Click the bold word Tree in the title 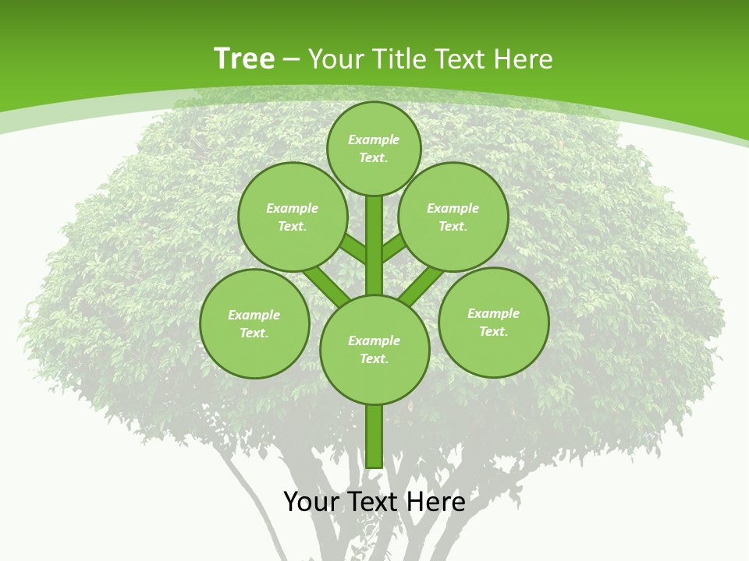[244, 58]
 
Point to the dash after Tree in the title [292, 59]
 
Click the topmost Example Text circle [374, 148]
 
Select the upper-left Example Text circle [293, 217]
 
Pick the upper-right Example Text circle [453, 217]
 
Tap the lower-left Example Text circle [254, 323]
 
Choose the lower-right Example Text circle [493, 322]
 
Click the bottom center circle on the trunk [374, 349]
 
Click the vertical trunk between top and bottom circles [374, 245]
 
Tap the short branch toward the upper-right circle [394, 248]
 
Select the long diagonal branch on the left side [325, 284]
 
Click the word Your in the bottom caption [312, 502]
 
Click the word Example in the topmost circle [374, 139]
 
